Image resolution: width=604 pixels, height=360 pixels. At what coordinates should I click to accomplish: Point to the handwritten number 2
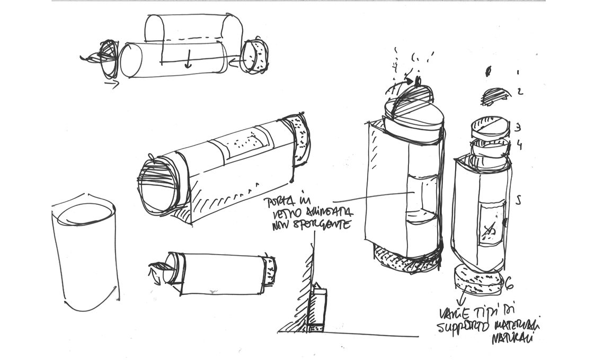[520, 92]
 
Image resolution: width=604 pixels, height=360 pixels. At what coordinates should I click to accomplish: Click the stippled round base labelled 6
[479, 281]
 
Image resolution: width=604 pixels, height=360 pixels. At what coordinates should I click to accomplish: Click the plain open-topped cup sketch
[85, 254]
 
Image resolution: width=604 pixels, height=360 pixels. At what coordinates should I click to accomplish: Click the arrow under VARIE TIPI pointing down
[459, 302]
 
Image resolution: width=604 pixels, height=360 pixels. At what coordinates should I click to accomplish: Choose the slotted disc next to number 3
[491, 127]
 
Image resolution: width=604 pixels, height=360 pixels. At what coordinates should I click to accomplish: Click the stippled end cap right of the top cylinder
[256, 56]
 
